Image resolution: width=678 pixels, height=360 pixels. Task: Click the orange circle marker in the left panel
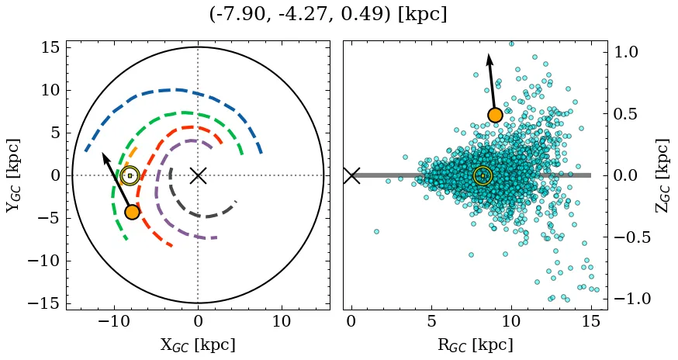click(132, 212)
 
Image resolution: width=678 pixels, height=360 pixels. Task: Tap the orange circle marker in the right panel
click(495, 116)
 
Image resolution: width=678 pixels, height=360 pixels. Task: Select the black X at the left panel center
click(198, 175)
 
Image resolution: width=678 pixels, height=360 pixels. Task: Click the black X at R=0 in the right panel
click(351, 175)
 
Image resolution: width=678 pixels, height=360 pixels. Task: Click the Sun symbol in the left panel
click(130, 175)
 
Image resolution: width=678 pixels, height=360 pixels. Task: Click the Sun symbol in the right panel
click(483, 175)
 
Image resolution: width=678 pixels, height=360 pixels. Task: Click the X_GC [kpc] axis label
click(197, 344)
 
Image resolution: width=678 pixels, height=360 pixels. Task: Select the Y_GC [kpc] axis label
click(12, 175)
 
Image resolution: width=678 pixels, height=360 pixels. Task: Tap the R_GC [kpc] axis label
click(475, 344)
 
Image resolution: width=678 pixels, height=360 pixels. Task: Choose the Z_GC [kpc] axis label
click(662, 175)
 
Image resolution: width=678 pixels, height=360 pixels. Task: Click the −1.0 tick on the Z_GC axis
click(631, 299)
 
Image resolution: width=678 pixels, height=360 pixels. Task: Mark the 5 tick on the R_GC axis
click(431, 321)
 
